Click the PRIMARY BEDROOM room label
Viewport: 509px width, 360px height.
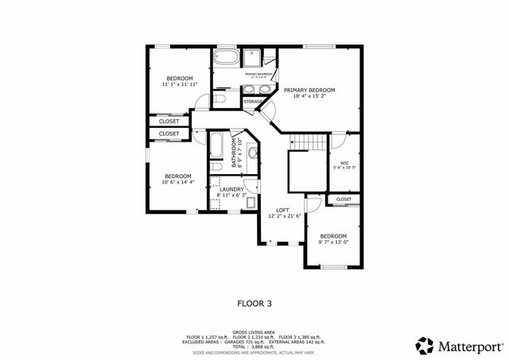coord(309,91)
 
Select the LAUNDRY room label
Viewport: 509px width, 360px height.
coord(231,188)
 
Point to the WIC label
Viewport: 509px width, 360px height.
coord(345,163)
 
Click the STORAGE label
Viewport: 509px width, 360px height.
coord(253,102)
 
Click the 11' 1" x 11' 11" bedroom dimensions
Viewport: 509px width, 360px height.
coord(179,83)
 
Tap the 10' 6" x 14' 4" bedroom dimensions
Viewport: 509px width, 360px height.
coord(177,182)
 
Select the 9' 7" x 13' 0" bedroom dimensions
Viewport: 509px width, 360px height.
coord(333,242)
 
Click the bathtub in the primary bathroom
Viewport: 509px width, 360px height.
coord(225,58)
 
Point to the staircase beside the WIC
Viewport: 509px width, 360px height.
coord(308,141)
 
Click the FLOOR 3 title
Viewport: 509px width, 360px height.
coord(254,303)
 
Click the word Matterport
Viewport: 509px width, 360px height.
coord(470,346)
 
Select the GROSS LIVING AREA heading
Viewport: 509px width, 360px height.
coord(254,332)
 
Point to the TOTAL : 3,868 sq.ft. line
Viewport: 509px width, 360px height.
coord(254,346)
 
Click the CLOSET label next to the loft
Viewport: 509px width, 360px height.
coord(344,199)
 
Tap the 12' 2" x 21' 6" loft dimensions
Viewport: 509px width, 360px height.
coord(282,215)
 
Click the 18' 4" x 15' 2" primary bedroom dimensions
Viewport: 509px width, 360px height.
coord(309,98)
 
